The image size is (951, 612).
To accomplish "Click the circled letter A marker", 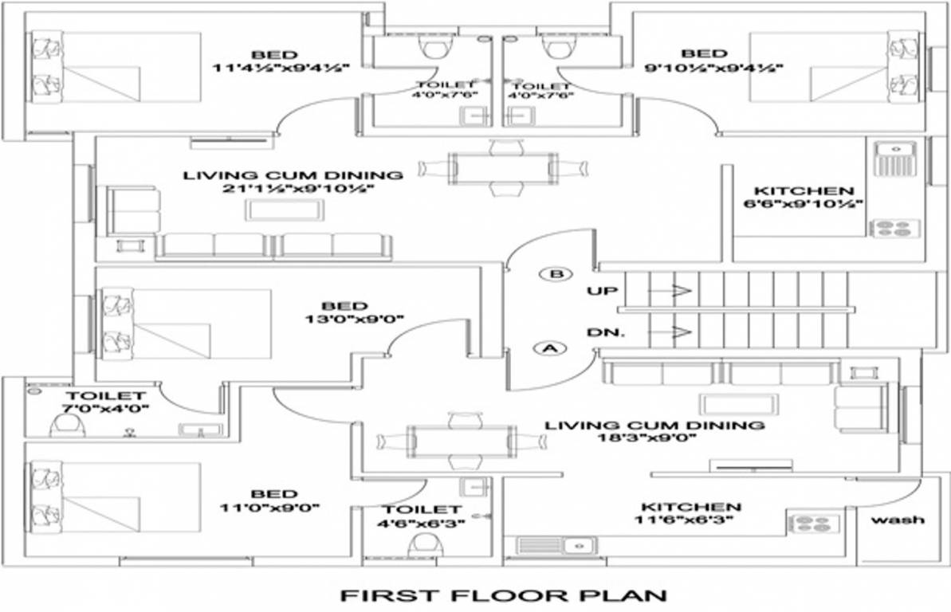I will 549,347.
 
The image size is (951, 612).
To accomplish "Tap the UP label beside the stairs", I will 602,291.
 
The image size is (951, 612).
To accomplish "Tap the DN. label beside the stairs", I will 603,331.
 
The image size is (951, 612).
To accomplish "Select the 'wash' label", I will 898,520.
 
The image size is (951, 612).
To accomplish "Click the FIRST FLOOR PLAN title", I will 502,594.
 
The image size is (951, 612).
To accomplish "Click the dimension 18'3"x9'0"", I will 654,438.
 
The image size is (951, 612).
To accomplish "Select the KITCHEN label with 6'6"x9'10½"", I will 804,191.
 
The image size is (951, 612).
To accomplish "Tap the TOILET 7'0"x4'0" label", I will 105,396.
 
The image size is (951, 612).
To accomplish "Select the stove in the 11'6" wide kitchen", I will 814,524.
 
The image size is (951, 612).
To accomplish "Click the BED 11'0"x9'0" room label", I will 273,494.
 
